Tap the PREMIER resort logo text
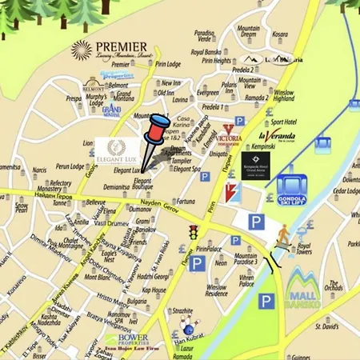click(117, 48)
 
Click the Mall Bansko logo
click(305, 286)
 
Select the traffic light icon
click(192, 232)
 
